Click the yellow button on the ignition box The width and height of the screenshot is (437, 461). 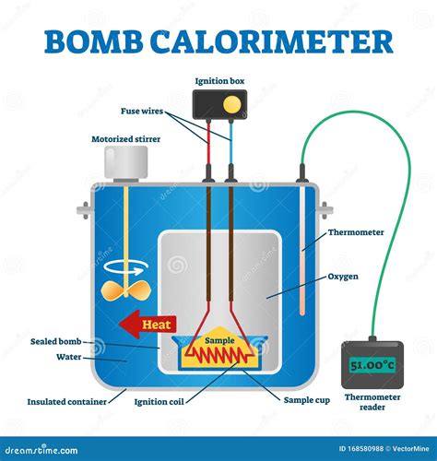point(231,104)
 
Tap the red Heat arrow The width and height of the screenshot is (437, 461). point(148,325)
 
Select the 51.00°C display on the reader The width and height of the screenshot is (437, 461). point(372,365)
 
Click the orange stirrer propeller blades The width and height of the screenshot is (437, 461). point(126,290)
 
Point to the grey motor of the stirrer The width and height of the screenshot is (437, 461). point(126,163)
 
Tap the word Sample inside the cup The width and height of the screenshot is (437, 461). point(219,340)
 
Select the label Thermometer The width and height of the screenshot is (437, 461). point(356,232)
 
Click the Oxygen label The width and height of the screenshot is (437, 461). point(343,277)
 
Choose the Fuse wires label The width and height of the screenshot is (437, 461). point(142,111)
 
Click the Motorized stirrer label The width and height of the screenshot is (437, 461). point(126,139)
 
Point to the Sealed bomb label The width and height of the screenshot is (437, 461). point(56,341)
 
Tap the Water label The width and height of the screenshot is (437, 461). point(69,357)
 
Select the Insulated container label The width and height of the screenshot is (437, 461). point(67,402)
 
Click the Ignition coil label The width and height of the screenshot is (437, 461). point(159,402)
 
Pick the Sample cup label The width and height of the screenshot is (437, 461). point(307,400)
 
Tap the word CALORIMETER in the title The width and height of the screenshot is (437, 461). point(272,41)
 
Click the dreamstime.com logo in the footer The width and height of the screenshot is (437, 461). point(41,450)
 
